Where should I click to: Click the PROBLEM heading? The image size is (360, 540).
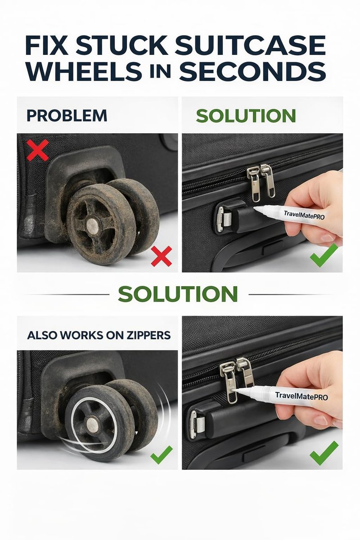pos(67,116)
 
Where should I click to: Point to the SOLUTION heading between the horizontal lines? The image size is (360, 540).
pos(178,294)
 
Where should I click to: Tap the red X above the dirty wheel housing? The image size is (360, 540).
pos(38,150)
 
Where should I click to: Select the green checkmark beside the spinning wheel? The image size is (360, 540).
pos(161,455)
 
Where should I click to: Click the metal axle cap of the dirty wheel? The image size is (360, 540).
pos(92,226)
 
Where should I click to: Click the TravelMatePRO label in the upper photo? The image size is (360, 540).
pos(304,215)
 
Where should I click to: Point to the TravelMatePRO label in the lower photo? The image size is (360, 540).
pos(301,396)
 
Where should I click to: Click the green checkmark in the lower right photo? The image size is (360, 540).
pos(324,453)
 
